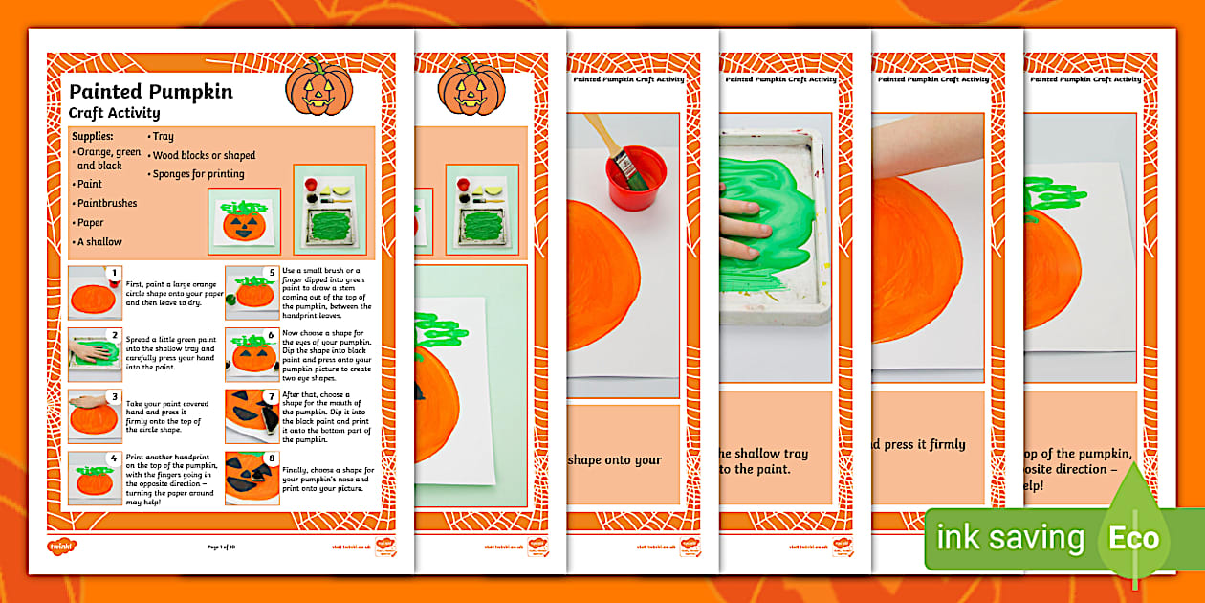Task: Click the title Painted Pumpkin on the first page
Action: coord(150,92)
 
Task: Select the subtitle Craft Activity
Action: coord(114,113)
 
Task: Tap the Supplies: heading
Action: coord(93,136)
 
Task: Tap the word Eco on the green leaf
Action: coord(1133,539)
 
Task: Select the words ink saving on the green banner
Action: coord(1010,539)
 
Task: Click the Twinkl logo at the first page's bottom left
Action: coord(58,547)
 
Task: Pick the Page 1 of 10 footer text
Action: coord(225,547)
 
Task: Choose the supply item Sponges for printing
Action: coord(198,174)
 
